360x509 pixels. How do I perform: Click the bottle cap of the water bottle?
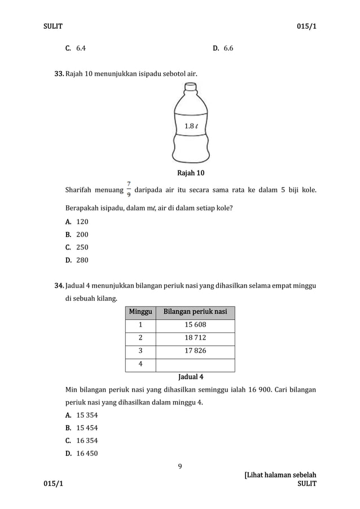191,87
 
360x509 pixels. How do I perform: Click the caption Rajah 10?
191,173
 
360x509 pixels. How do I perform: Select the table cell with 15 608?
195,326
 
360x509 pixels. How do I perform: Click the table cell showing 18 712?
195,339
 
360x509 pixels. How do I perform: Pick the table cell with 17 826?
195,352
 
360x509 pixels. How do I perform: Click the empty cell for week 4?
195,365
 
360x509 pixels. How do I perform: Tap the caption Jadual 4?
191,376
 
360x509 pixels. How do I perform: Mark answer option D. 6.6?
223,49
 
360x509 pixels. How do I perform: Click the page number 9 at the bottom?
180,466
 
